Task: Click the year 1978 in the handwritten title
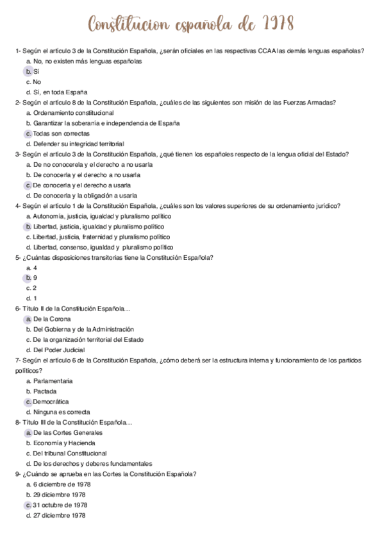279,24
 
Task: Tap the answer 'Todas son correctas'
62,133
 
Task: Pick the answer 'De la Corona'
52,319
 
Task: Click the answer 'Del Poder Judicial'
59,350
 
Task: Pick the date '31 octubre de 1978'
60,505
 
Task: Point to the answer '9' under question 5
35,278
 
